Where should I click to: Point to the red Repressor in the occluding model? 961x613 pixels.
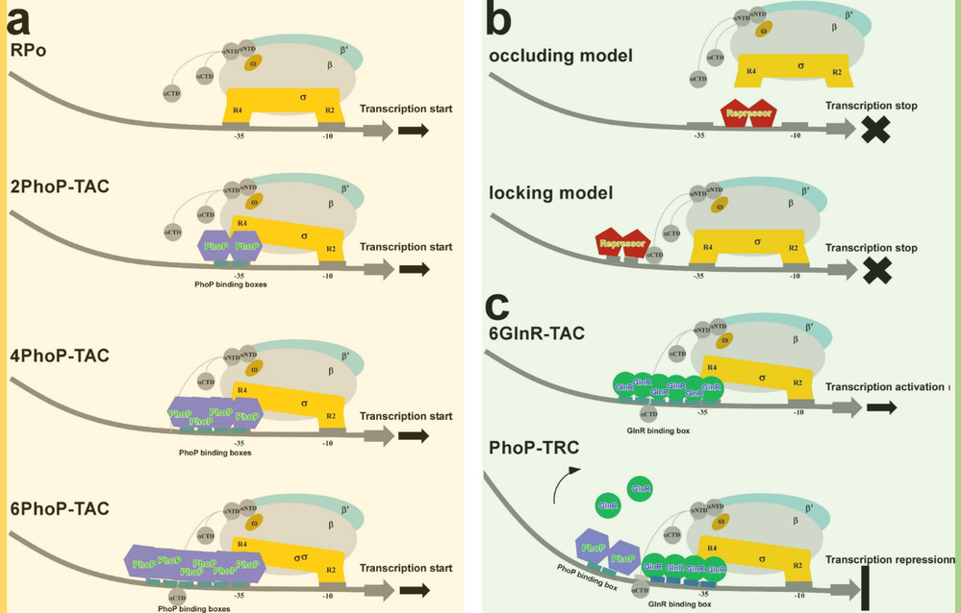pos(748,113)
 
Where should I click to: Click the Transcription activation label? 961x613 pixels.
pos(886,387)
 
